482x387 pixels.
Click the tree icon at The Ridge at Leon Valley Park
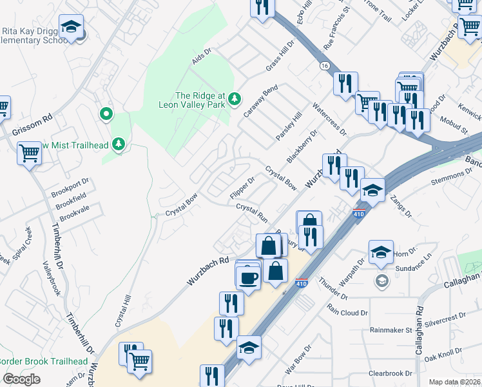(236, 99)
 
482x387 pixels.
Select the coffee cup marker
(248, 277)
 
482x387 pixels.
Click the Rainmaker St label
(391, 330)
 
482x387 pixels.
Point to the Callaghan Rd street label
(419, 335)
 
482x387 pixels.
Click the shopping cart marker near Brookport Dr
(29, 154)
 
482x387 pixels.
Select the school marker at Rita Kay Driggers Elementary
(71, 26)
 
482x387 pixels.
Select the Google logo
(21, 379)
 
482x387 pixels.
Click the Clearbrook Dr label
(390, 373)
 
